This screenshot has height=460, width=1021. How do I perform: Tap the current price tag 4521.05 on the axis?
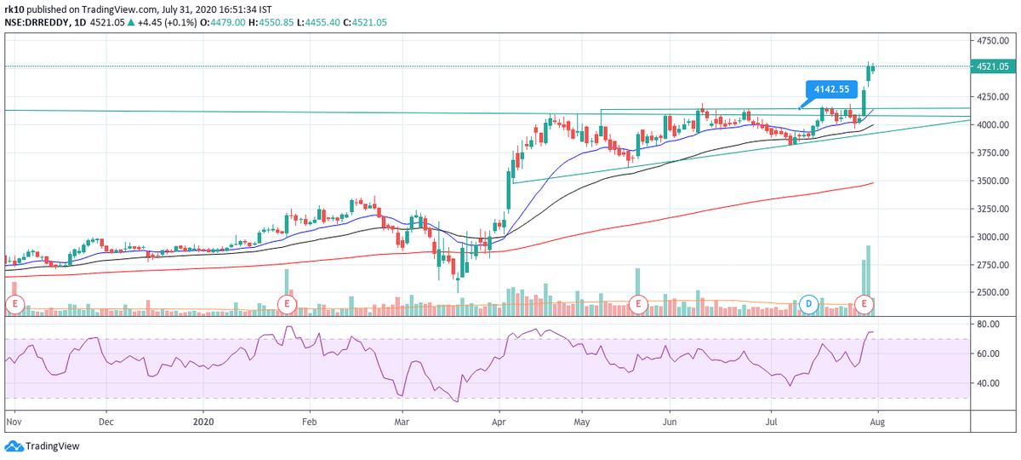994,66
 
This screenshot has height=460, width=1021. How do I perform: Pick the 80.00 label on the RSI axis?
988,325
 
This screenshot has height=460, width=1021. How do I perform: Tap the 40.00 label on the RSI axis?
988,384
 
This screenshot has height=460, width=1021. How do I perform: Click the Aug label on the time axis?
876,421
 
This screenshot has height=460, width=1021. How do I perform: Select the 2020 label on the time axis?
203,421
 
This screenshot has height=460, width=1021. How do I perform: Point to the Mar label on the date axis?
403,421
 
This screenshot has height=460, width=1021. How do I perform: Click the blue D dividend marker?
810,303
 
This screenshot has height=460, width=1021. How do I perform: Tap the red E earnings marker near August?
865,303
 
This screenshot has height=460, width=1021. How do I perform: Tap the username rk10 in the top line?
14,9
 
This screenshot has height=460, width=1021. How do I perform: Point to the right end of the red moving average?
874,183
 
